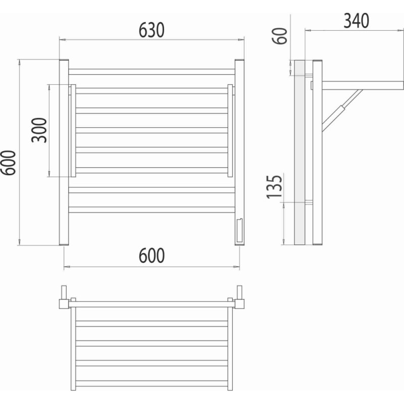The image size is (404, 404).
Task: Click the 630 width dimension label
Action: (x=151, y=30)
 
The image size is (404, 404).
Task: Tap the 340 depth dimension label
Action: (x=357, y=21)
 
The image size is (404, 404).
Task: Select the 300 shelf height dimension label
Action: (x=39, y=130)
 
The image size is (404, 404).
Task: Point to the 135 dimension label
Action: (x=274, y=187)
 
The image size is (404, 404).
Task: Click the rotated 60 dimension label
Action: (x=280, y=36)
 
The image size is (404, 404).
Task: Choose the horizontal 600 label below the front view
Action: (x=151, y=256)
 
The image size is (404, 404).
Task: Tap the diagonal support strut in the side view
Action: (x=342, y=110)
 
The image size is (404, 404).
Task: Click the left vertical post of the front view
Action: (x=64, y=153)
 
